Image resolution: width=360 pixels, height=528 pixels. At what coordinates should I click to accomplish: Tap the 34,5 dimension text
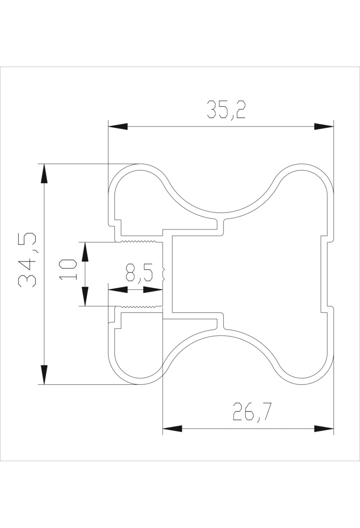(x=27, y=259)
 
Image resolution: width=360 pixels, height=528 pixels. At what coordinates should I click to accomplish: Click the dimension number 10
(x=68, y=269)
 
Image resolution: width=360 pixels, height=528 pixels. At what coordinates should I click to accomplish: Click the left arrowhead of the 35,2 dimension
(x=118, y=126)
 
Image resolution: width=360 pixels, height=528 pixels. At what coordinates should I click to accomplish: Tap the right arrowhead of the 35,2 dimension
(x=324, y=126)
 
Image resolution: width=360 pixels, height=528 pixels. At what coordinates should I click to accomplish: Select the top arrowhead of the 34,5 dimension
(x=44, y=173)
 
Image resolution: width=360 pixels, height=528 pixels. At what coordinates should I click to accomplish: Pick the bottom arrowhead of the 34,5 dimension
(x=44, y=375)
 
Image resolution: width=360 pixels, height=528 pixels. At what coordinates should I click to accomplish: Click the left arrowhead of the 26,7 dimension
(x=172, y=428)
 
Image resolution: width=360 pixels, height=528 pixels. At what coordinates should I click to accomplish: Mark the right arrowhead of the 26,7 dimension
(x=324, y=428)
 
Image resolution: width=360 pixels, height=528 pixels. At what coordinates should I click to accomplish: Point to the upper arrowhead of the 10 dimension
(x=85, y=251)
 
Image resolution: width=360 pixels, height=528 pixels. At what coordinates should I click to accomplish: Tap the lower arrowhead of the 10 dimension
(x=85, y=296)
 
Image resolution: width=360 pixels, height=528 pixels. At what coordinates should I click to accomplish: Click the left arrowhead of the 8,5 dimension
(x=118, y=290)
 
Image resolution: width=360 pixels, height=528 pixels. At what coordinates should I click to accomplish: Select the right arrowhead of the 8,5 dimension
(x=153, y=290)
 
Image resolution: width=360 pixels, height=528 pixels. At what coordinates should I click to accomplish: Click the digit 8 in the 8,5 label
(x=131, y=272)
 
